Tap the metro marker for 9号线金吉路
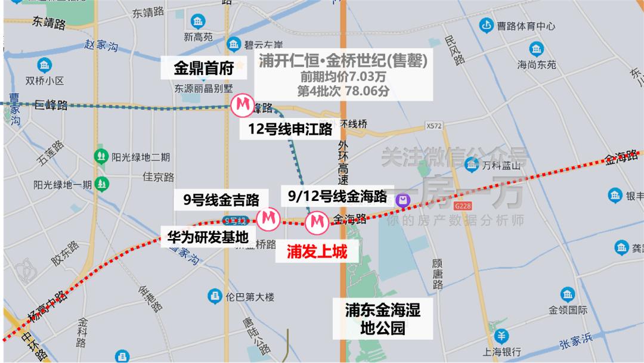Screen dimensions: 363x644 click(x=268, y=218)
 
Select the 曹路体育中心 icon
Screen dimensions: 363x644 click(x=487, y=26)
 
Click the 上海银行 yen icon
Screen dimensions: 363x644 click(x=503, y=335)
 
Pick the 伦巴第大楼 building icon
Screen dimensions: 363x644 click(x=213, y=296)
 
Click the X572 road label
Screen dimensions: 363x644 click(x=434, y=126)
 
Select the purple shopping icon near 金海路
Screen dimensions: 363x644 click(x=404, y=200)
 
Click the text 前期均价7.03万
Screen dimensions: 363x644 click(x=342, y=77)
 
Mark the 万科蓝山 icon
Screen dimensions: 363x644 click(x=473, y=163)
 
